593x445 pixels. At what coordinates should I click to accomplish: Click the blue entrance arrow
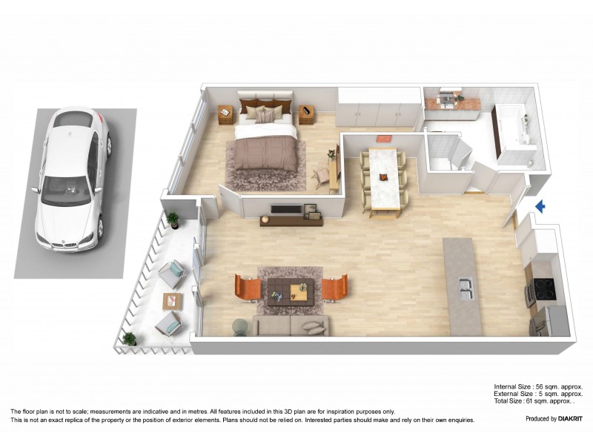[540, 207]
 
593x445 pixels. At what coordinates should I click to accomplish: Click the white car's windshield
[66, 191]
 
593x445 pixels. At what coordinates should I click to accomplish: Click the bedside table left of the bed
[226, 114]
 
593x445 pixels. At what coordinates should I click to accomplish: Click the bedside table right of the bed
[308, 115]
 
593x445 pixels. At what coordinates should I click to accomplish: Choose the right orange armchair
[335, 287]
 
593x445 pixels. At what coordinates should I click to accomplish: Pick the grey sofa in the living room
[291, 326]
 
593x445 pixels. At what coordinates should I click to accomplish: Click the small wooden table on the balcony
[173, 300]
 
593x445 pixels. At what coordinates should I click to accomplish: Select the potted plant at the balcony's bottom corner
[130, 339]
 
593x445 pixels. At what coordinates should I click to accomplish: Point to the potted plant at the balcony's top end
[173, 220]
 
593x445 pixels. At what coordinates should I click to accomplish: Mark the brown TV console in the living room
[291, 220]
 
